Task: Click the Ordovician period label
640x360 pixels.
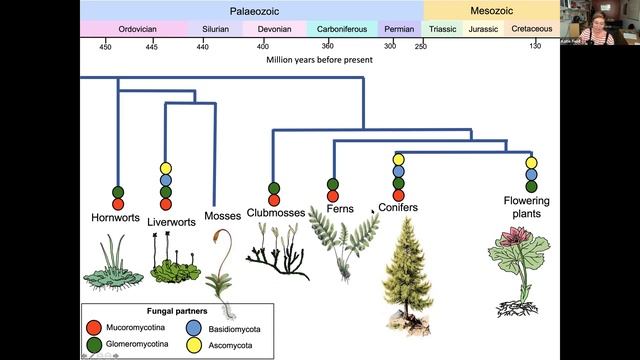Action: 130,30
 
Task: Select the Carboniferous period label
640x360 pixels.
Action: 341,30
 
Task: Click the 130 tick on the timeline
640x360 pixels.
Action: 536,46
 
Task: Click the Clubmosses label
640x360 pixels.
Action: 273,214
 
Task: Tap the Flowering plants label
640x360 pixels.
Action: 530,207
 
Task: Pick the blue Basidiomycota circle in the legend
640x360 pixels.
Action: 193,326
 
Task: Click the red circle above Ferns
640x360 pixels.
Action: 333,196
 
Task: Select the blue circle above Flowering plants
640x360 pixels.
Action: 531,174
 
